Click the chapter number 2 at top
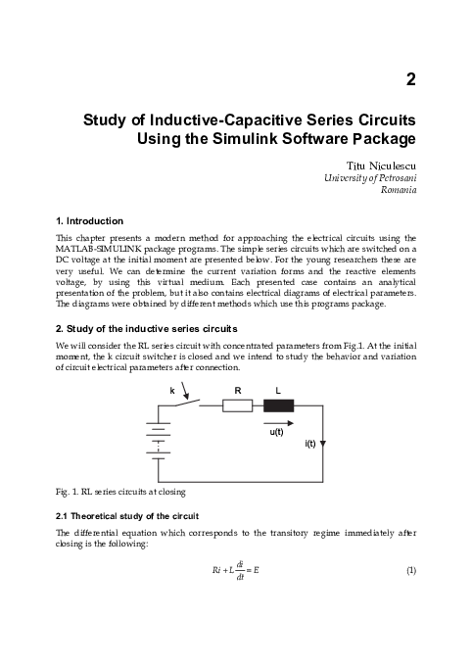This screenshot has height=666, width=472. click(411, 79)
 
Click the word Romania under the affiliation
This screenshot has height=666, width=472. click(398, 190)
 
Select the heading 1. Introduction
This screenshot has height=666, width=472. click(89, 220)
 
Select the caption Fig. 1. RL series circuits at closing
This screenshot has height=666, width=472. click(118, 489)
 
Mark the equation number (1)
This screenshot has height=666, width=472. click(411, 572)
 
